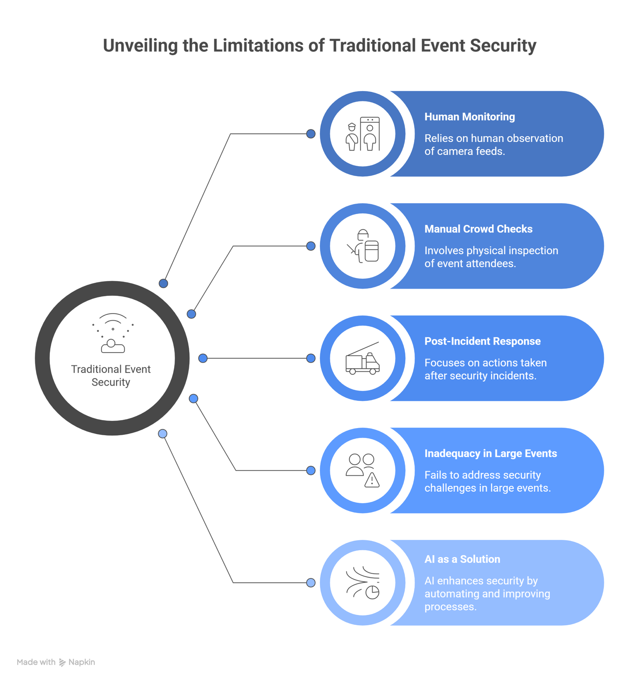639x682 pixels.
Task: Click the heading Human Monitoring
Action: [469, 117]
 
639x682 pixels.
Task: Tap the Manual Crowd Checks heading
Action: [478, 229]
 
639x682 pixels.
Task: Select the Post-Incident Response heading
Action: [482, 341]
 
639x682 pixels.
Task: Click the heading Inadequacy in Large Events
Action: [490, 454]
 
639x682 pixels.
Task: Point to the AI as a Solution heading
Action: [462, 559]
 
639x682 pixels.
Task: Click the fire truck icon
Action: [362, 359]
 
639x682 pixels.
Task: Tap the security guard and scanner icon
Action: [362, 134]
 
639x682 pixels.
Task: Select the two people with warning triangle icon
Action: [362, 470]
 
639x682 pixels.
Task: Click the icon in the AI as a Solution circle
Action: [362, 583]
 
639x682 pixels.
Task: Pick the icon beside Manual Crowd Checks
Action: [362, 246]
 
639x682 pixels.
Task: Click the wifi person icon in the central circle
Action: [113, 333]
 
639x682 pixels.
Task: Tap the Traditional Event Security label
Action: [111, 375]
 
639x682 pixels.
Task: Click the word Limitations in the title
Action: [258, 46]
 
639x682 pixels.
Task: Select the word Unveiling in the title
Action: [140, 46]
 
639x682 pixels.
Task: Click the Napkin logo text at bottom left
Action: [81, 662]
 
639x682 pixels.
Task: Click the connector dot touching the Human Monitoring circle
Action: [311, 134]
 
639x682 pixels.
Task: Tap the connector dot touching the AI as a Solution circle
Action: [311, 583]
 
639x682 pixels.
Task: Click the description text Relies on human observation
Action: [493, 139]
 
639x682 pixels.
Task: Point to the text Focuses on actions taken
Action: [485, 363]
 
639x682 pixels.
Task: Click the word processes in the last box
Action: [450, 607]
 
